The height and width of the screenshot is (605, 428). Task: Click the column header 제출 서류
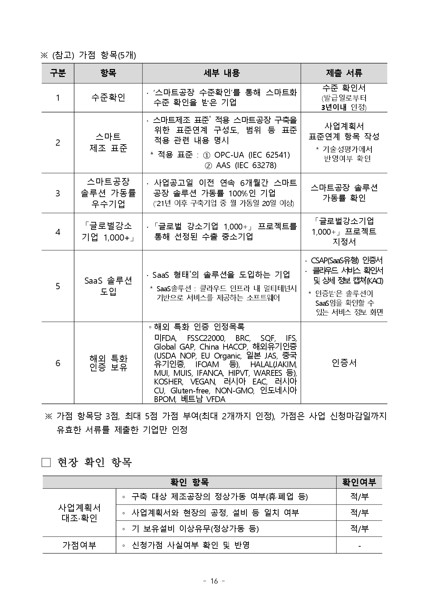coord(344,73)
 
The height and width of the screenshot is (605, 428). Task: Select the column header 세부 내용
coord(221,73)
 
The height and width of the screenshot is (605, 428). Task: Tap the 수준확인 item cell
coord(108,98)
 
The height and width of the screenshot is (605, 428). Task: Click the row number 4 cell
coord(58,232)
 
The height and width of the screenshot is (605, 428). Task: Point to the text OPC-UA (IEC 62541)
coord(252,155)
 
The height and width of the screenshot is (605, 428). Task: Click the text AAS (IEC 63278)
coord(246,165)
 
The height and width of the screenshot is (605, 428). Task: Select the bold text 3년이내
coord(333,107)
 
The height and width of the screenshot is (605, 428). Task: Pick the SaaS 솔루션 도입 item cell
coord(108,286)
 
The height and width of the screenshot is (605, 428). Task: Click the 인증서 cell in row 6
coord(344,363)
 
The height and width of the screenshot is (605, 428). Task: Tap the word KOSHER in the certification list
coord(168,382)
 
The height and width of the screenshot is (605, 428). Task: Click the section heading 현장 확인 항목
coord(95,462)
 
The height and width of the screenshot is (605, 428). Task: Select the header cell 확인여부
coord(359,482)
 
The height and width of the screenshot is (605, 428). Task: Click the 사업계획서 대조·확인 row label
coord(79,513)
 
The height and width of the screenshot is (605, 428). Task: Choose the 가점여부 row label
coord(79,545)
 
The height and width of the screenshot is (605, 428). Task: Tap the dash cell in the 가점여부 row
coord(359,546)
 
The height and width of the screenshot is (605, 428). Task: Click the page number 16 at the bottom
coord(214,581)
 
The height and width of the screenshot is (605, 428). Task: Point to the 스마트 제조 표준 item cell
coord(108,143)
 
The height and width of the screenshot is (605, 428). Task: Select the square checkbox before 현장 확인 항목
coord(46,462)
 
